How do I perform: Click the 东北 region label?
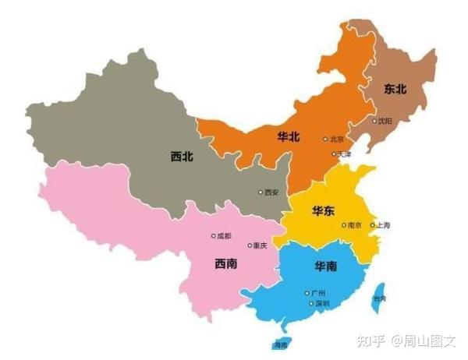[395, 90]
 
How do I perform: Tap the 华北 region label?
[288, 137]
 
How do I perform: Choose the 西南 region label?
[226, 263]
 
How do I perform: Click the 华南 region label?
[326, 266]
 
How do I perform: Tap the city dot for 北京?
[325, 139]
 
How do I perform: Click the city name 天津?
[344, 155]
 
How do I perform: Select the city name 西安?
[271, 192]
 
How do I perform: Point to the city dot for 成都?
[213, 235]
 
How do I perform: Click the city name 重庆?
[259, 245]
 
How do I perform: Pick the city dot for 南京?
[344, 225]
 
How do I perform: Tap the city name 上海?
[383, 225]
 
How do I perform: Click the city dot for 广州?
[307, 293]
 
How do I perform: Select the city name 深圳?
[322, 303]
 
